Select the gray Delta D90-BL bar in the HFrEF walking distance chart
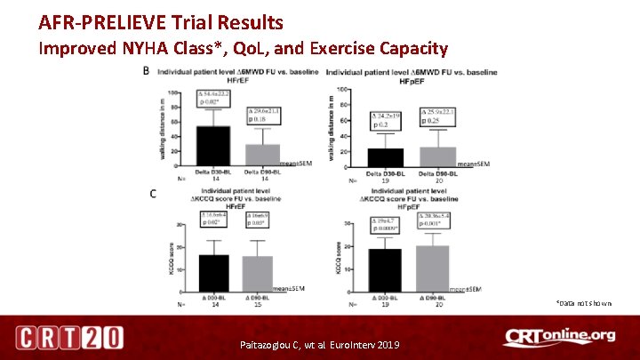pos(263,155)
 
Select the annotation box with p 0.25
pos(436,115)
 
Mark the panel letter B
pos(148,73)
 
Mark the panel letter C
pos(154,193)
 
